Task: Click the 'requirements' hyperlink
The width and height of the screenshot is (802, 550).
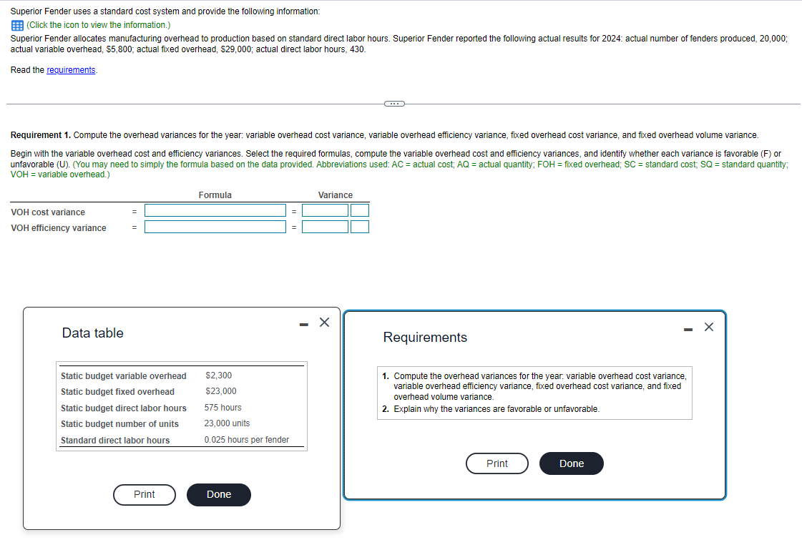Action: click(x=71, y=70)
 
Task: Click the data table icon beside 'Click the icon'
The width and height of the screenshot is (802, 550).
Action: click(x=17, y=25)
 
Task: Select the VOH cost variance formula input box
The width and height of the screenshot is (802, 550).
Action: click(x=215, y=210)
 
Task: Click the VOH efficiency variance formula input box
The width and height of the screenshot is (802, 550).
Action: click(x=215, y=227)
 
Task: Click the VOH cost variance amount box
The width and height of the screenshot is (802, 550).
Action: click(x=325, y=210)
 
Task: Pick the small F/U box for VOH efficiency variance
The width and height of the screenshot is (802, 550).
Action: click(x=360, y=227)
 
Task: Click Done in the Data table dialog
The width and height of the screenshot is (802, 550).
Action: click(x=218, y=495)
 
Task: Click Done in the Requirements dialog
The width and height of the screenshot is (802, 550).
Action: click(x=571, y=463)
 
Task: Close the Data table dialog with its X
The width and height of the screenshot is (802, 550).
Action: click(x=324, y=323)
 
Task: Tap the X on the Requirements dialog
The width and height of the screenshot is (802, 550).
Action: click(x=708, y=327)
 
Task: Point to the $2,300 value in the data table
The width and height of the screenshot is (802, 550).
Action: click(x=218, y=375)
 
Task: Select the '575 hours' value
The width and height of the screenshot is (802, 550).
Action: click(x=222, y=408)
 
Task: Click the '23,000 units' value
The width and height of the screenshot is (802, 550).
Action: click(x=227, y=423)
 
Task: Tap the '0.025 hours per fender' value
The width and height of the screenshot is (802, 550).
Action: click(x=246, y=440)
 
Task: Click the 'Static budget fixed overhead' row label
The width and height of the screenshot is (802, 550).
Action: click(x=117, y=392)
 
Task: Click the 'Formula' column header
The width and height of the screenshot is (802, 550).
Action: click(x=215, y=195)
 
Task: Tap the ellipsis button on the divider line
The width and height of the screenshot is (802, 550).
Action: click(x=393, y=104)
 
